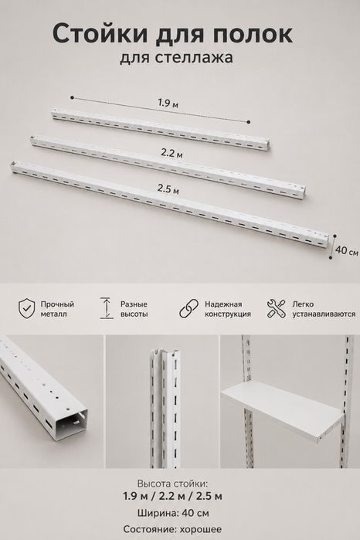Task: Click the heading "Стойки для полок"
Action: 172,35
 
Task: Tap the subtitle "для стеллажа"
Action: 176,57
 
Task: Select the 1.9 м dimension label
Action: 168,103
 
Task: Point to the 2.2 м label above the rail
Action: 172,153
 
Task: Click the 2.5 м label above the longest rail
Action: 168,189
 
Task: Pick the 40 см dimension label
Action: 347,251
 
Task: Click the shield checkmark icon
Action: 27,308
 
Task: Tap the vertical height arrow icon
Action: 107,308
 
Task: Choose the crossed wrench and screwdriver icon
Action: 277,308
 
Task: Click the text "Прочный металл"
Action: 57,309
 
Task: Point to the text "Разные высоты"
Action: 134,309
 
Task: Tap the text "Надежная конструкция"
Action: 228,309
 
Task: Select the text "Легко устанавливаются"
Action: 324,309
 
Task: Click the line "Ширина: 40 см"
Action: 173,513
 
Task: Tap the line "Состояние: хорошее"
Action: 172,529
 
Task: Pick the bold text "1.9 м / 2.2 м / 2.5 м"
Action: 172,496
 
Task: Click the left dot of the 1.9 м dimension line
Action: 72,98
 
